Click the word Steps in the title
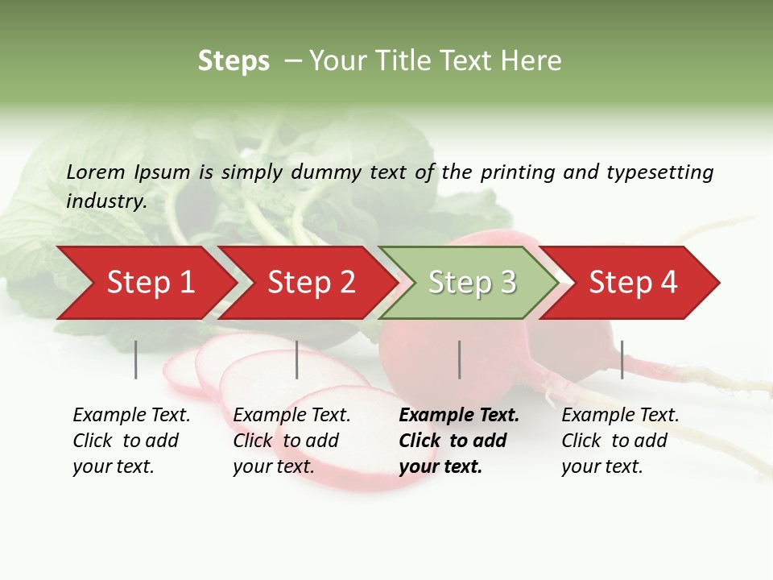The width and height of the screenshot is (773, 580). [x=234, y=61]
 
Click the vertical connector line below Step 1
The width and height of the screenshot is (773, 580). [x=136, y=359]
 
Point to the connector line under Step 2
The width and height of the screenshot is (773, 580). [x=297, y=359]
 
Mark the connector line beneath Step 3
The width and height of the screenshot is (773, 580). [x=460, y=359]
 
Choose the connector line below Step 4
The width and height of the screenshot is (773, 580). [x=622, y=359]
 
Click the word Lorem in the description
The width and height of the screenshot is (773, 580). [x=96, y=172]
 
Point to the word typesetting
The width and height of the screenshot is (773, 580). [x=659, y=172]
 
